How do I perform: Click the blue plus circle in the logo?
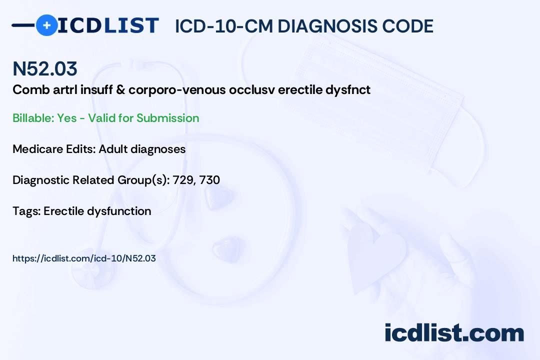pyautogui.click(x=46, y=25)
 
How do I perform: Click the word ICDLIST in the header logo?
pyautogui.click(x=108, y=25)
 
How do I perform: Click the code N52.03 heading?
pyautogui.click(x=45, y=68)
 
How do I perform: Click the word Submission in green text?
pyautogui.click(x=167, y=118)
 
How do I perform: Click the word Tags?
pyautogui.click(x=26, y=211)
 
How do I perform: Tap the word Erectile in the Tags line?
pyautogui.click(x=63, y=211)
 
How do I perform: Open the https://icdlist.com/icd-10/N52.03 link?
pyautogui.click(x=84, y=258)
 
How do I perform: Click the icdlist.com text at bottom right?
pyautogui.click(x=454, y=333)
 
